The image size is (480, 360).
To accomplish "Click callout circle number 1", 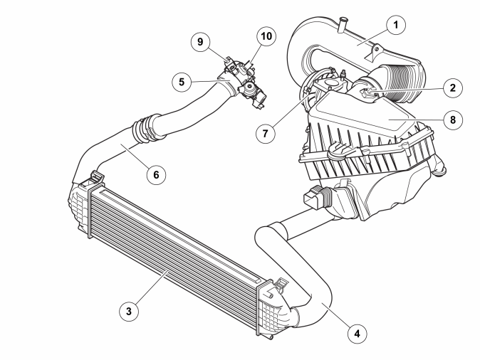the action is tap(396, 25).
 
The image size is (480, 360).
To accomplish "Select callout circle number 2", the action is tap(452, 88).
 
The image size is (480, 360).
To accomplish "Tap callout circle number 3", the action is tap(129, 311).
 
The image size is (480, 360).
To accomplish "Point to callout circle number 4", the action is tap(358, 334).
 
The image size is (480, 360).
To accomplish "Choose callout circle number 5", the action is tap(182, 82).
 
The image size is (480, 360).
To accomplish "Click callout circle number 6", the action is tap(156, 174).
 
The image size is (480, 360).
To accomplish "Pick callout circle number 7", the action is tap(266, 133).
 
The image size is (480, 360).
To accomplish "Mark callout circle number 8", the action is tap(452, 120).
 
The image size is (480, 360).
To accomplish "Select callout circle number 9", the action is tap(200, 41).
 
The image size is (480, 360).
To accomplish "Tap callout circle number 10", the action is tap(266, 36).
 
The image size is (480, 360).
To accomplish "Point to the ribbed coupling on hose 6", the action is tap(146, 129).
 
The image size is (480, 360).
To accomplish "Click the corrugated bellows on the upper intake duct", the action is tap(401, 81).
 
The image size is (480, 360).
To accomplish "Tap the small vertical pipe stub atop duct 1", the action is tap(343, 24).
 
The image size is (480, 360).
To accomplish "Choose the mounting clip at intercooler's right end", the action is tap(281, 285).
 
